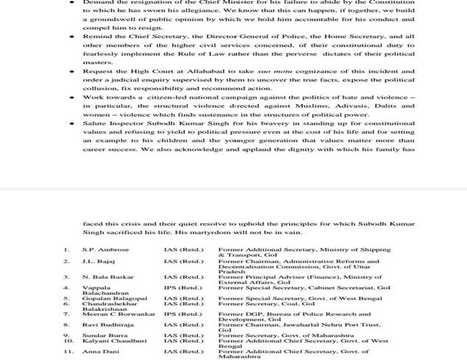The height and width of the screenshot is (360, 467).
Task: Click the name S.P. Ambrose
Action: point(105,249)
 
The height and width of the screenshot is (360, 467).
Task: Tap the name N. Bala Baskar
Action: point(107,277)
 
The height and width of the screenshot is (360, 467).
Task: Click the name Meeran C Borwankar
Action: point(118,313)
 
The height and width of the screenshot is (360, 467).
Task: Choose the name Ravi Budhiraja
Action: point(107,325)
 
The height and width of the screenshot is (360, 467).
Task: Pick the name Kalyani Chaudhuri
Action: point(113,341)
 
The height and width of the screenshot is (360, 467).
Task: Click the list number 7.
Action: point(67,313)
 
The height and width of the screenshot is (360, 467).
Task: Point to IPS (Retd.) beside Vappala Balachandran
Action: point(182,287)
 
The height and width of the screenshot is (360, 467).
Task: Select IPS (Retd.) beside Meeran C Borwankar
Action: point(182,313)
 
